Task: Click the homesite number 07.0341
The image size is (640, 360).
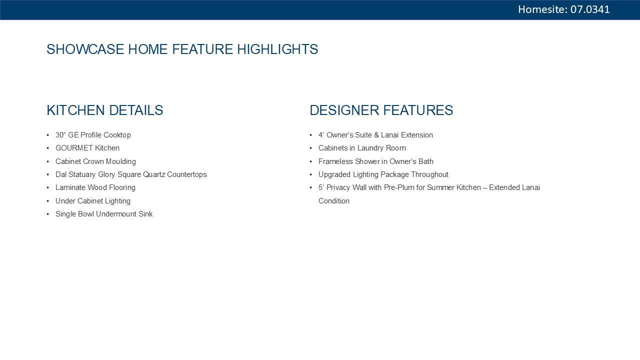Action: pos(590,9)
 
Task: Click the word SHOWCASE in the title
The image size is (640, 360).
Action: pos(85,49)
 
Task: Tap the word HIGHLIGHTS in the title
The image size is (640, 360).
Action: pos(277,49)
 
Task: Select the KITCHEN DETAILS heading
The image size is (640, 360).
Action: pos(105,110)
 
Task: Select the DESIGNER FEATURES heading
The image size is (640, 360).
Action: pos(381,110)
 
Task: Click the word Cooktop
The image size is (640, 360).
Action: pos(117,135)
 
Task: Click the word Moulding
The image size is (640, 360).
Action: pos(121,161)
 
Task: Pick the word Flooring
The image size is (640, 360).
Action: pos(122,187)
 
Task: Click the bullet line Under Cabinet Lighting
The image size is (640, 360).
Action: pos(93,201)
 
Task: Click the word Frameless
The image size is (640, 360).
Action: pos(335,161)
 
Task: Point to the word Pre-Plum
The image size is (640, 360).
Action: pos(399,187)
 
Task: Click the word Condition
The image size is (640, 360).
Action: pos(334,201)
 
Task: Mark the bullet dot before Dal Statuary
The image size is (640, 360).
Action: pos(47,174)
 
